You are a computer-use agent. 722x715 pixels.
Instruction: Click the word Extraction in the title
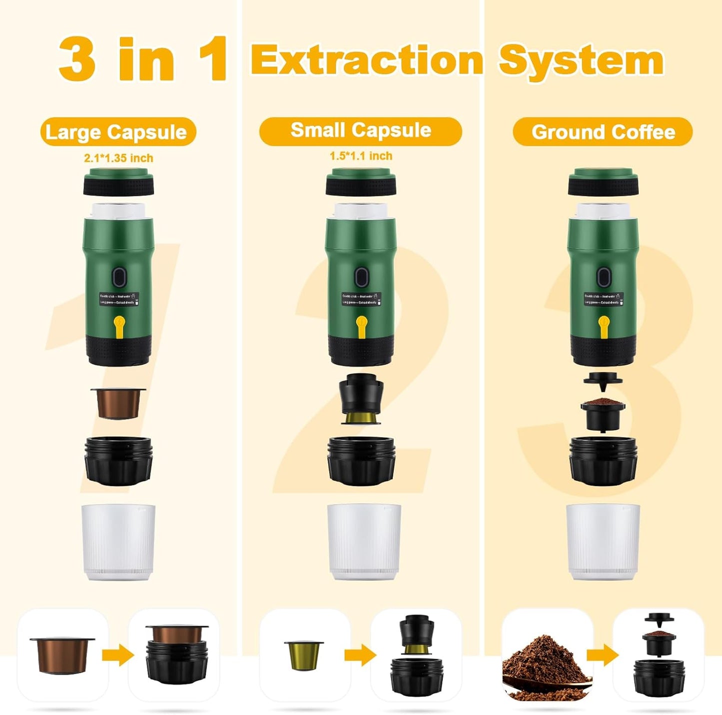point(367,60)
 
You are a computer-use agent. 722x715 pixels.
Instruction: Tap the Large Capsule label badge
point(118,132)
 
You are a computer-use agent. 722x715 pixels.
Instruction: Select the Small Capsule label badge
point(360,131)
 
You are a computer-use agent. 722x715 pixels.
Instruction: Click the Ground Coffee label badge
point(603,132)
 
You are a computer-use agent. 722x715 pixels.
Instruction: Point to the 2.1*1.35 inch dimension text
point(118,158)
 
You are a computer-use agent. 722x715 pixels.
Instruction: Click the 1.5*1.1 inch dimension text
point(361,156)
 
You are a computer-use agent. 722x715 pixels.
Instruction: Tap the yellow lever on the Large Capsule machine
point(119,326)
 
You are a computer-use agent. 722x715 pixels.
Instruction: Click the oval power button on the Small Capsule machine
point(361,277)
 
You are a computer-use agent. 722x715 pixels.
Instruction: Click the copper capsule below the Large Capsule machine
point(118,403)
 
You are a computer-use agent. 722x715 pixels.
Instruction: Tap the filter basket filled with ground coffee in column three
point(603,413)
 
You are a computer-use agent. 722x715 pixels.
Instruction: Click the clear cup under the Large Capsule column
point(118,542)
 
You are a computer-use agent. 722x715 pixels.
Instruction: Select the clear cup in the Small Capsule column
point(364,542)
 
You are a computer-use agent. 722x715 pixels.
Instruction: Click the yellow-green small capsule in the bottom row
point(304,655)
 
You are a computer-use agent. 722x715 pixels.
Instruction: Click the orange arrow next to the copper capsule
point(118,655)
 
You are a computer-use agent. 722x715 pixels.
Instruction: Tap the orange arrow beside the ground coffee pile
point(603,655)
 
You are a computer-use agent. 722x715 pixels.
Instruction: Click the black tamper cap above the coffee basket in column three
point(603,380)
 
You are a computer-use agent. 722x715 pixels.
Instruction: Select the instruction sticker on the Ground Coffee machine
point(604,299)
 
